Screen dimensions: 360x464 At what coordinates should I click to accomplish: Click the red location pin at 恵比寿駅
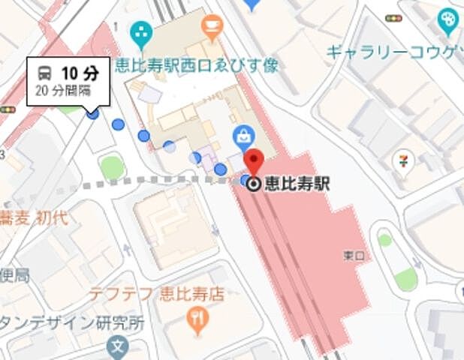(254, 161)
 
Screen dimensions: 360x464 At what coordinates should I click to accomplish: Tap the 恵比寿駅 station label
(297, 182)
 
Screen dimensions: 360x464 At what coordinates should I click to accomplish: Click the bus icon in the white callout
(45, 73)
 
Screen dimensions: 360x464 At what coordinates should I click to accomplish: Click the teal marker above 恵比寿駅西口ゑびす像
(140, 32)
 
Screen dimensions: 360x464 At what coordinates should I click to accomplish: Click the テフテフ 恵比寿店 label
(156, 293)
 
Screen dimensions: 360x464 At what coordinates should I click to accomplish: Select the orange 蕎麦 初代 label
(35, 219)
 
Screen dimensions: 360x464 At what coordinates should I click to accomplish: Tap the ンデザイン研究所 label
(72, 324)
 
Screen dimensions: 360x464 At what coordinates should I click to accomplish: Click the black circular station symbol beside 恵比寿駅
(254, 182)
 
